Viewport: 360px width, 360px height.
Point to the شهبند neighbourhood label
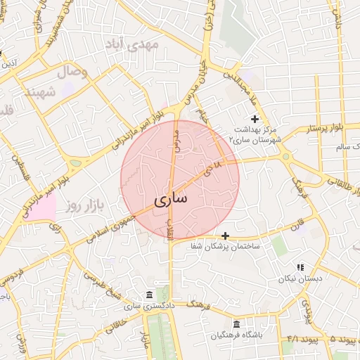point(39,92)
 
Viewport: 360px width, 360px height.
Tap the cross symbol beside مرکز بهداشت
point(255,120)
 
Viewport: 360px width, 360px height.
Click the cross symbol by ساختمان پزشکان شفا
point(225,236)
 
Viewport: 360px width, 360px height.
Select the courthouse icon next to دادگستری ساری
point(148,295)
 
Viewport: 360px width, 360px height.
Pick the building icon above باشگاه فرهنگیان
point(236,324)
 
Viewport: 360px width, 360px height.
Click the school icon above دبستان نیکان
point(300,267)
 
